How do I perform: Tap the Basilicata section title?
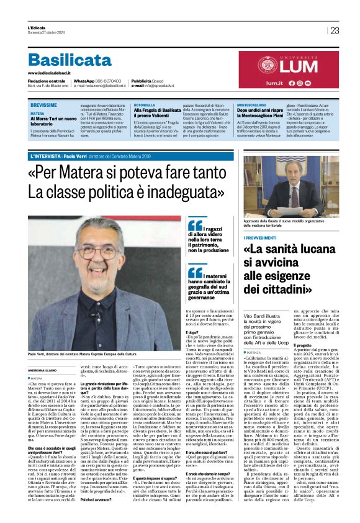69,60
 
